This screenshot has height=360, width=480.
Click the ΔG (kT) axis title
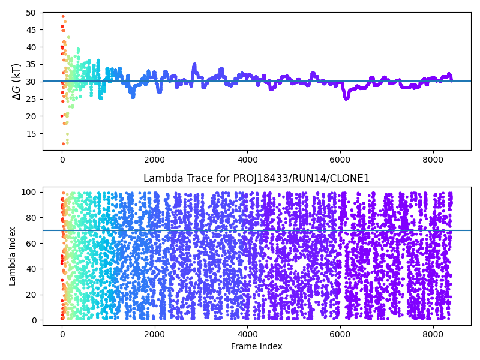[17, 81]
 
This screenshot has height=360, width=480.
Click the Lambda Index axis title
[13, 255]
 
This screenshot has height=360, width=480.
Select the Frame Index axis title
[256, 346]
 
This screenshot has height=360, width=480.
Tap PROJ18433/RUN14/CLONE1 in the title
[310, 178]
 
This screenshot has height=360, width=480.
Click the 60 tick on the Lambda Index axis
[31, 243]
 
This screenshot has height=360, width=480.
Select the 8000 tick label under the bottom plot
[433, 334]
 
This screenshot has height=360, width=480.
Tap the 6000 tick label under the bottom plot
[340, 334]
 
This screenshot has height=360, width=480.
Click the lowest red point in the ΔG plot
[63, 143]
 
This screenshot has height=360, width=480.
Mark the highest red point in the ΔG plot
[63, 17]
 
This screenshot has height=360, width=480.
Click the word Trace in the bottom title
[191, 178]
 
